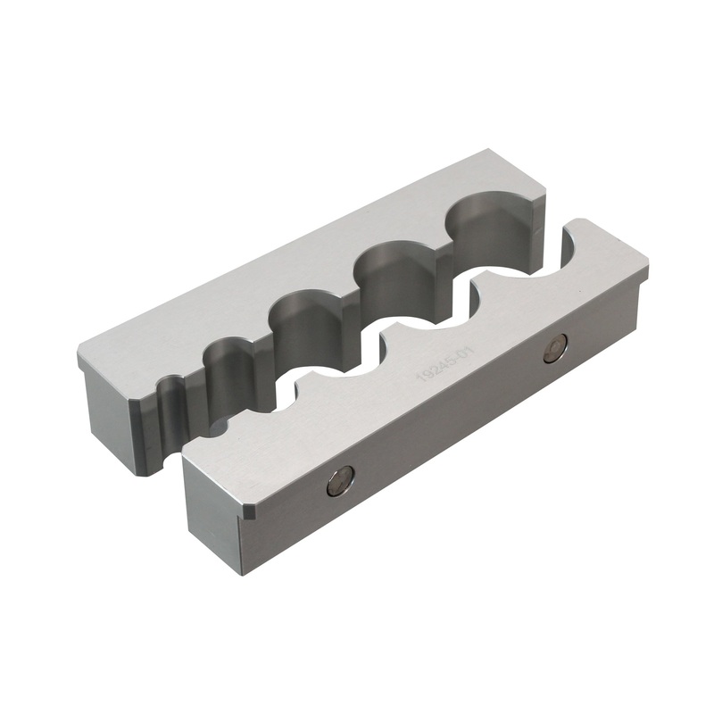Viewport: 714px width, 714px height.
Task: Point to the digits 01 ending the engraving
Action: click(462, 357)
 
